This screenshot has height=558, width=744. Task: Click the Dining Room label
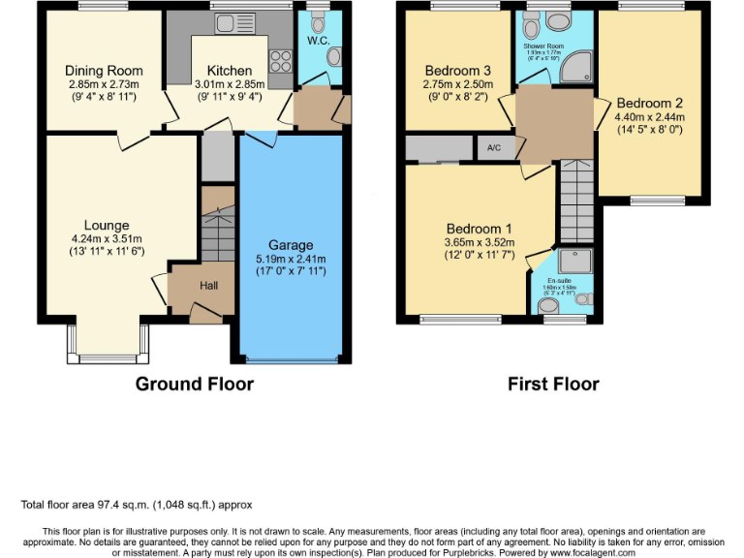pos(104,71)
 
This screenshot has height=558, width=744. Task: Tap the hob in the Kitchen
pos(280,61)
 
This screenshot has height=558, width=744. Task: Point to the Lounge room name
pos(107,226)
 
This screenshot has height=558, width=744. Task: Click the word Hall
pos(209,287)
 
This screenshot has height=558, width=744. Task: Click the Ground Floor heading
pos(194,385)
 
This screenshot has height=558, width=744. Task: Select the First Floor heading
pos(553,385)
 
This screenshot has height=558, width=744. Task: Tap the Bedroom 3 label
pos(458,71)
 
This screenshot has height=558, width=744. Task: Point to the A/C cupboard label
pos(494,148)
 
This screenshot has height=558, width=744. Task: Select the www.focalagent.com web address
pos(579,552)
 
